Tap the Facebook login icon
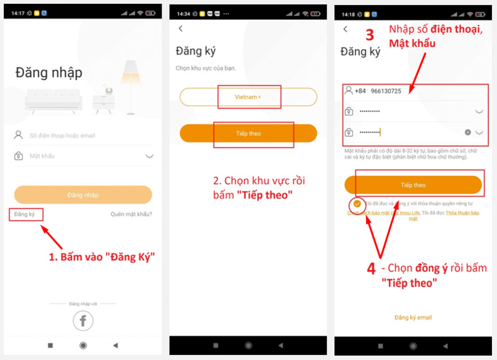click(x=83, y=320)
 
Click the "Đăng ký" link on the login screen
click(x=26, y=215)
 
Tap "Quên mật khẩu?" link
click(x=131, y=215)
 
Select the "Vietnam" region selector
click(x=248, y=97)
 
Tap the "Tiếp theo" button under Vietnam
click(x=248, y=133)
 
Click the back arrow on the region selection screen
click(x=181, y=29)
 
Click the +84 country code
click(x=360, y=91)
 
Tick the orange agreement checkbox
click(x=357, y=204)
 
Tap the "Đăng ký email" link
click(x=413, y=318)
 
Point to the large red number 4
click(x=371, y=269)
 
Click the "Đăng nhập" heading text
click(x=48, y=73)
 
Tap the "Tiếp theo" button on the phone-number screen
click(x=413, y=185)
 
